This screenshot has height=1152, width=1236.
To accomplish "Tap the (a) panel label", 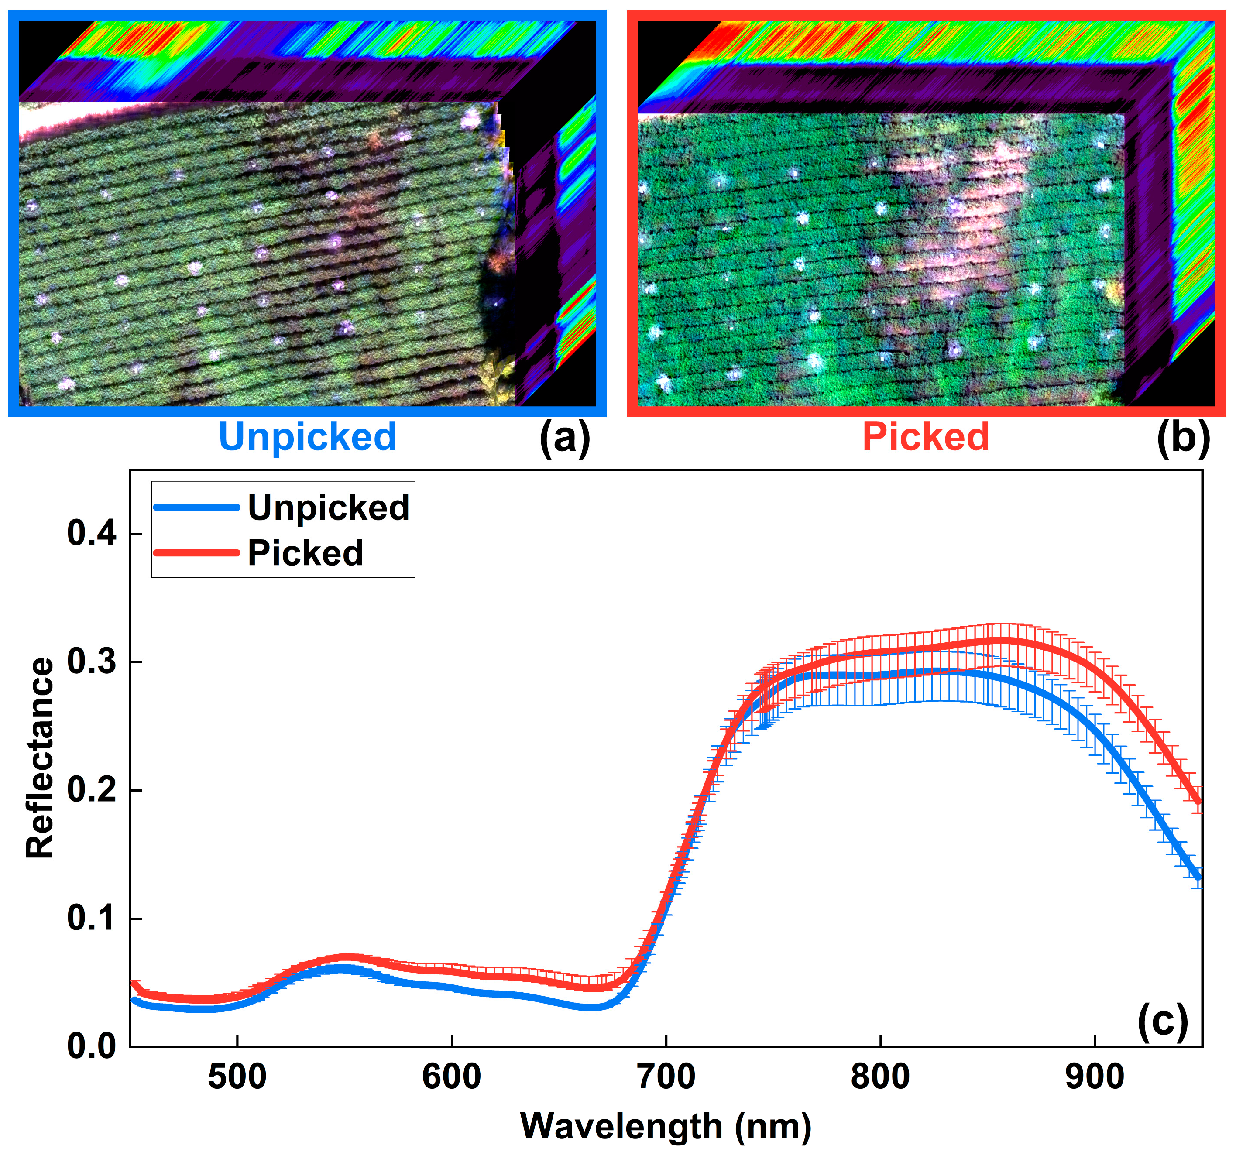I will pyautogui.click(x=564, y=438).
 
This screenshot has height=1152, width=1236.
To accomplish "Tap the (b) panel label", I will pyautogui.click(x=1183, y=438).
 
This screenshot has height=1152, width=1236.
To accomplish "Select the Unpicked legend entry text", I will pyautogui.click(x=328, y=507).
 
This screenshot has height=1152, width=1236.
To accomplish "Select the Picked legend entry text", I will pyautogui.click(x=305, y=553).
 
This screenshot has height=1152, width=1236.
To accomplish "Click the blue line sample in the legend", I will pyautogui.click(x=196, y=507).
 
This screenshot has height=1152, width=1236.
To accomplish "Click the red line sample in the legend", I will pyautogui.click(x=196, y=553).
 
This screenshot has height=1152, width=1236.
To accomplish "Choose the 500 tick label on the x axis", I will pyautogui.click(x=237, y=1077).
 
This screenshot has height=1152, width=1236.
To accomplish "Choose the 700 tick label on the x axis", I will pyautogui.click(x=666, y=1077).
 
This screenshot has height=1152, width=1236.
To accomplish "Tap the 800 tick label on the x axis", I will pyautogui.click(x=880, y=1077).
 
